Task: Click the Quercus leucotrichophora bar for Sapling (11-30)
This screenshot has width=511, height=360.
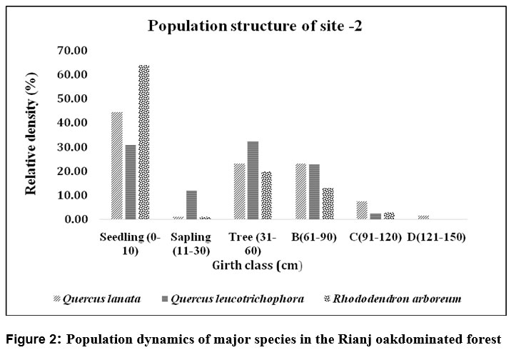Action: click(191, 205)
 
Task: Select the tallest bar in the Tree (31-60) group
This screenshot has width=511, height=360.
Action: click(252, 180)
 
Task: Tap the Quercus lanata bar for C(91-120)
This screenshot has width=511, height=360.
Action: click(361, 211)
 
